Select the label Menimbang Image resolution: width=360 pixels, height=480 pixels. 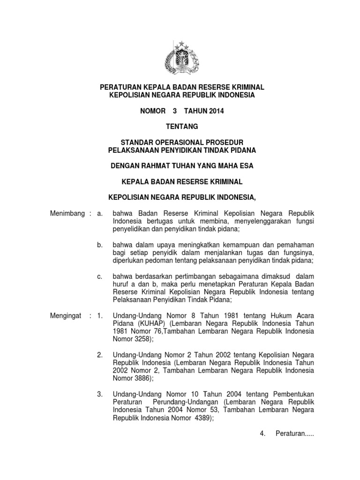coord(67,214)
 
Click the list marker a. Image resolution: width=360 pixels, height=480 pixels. coord(99,214)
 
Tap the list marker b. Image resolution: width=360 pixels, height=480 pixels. coord(99,245)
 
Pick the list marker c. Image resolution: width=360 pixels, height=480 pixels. coord(99,276)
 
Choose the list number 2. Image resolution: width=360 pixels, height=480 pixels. coord(99,354)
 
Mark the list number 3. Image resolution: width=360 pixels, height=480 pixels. coord(99,394)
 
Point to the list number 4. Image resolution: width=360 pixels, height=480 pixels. coord(262,434)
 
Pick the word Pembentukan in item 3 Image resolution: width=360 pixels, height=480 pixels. coord(292,394)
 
